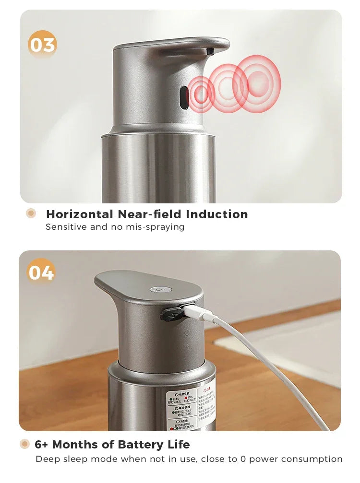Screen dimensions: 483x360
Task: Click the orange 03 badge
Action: click(43, 45)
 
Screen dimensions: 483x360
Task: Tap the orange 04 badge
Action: click(41, 272)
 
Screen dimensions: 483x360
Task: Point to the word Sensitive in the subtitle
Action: click(66, 227)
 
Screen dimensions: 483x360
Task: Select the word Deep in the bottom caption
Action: click(47, 459)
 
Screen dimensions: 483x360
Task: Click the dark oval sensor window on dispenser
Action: click(184, 96)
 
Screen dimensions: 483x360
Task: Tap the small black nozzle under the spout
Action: click(209, 50)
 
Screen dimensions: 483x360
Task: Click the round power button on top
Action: click(156, 290)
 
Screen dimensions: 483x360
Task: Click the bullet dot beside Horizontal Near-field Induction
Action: click(31, 213)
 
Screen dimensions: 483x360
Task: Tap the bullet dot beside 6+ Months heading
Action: click(24, 444)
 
